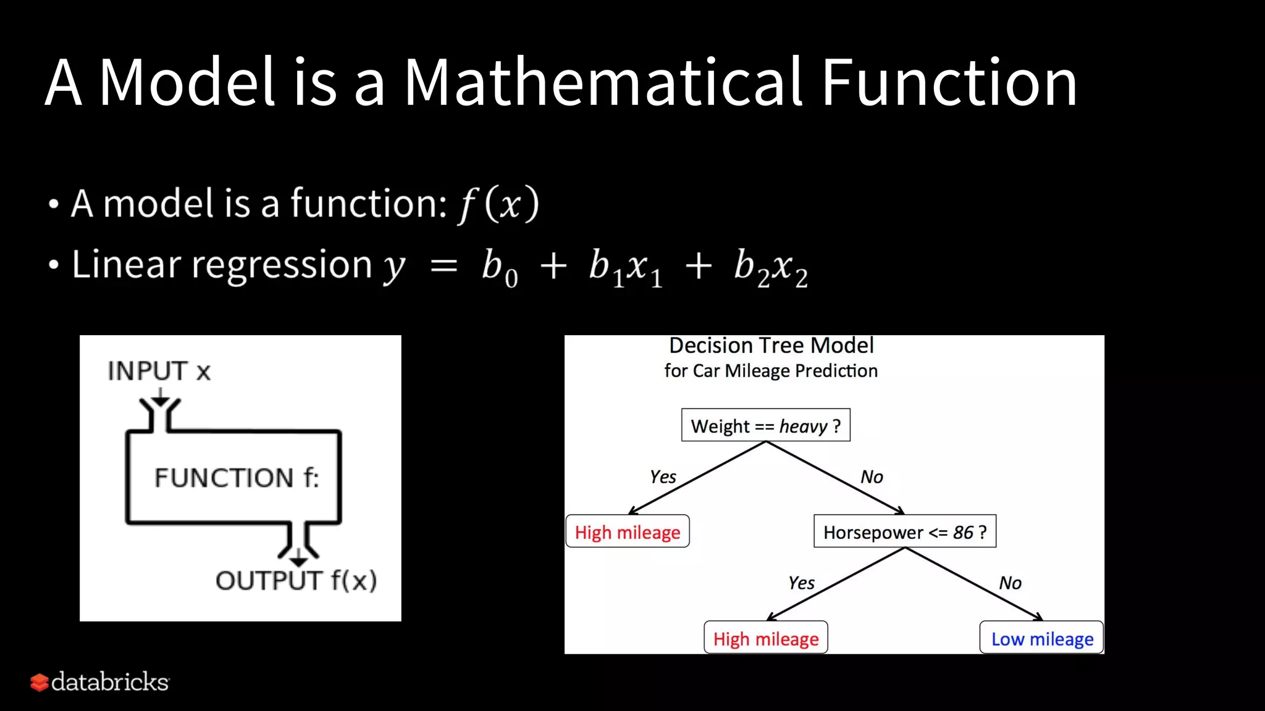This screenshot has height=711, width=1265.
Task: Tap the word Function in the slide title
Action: coord(949,82)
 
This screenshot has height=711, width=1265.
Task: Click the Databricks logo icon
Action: coord(39,682)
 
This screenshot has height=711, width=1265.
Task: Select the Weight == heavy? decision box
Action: coord(765,425)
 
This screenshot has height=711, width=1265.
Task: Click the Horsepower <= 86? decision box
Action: coord(904,531)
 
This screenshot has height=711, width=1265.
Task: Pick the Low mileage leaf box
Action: coord(1041,638)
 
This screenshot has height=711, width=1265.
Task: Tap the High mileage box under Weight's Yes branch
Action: coord(627,531)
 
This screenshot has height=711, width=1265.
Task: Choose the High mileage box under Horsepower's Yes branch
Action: coord(765,638)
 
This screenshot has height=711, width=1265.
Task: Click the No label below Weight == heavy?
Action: coord(872,476)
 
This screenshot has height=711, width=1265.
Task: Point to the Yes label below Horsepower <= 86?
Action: coord(801,583)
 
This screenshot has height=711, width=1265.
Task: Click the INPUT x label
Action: coord(159,371)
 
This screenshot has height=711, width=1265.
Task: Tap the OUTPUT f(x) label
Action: coord(296,580)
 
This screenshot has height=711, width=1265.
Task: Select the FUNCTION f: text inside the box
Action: coord(237,478)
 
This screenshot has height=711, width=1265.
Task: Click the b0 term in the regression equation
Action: coord(500,268)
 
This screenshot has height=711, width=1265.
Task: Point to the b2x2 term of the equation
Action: coord(770,268)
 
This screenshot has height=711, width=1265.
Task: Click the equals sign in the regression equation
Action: coord(443,267)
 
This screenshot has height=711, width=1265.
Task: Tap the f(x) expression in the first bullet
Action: coord(498,204)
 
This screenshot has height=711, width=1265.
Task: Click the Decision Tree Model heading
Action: coord(771,345)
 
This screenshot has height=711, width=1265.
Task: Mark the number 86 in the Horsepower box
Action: coord(963,532)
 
